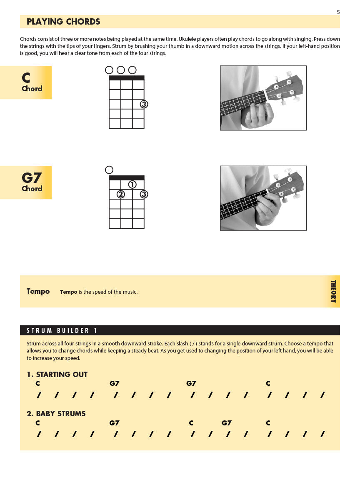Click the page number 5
point(338,12)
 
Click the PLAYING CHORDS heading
point(63,22)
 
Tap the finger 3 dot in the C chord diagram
point(144,104)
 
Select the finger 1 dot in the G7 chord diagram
point(132,184)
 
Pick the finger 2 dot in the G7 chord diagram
point(120,194)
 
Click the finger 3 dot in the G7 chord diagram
point(144,194)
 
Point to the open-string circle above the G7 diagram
point(109,170)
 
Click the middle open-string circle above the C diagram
point(121,70)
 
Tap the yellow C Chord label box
point(26,82)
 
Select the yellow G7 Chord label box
point(26,182)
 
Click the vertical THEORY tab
point(333,291)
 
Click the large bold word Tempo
point(38,292)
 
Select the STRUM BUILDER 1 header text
point(62,330)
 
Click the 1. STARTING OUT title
point(57,375)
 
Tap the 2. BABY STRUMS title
point(56,414)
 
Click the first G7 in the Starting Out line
point(114,384)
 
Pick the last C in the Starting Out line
point(268,384)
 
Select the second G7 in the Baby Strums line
point(226,423)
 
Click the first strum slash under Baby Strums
point(39,435)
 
